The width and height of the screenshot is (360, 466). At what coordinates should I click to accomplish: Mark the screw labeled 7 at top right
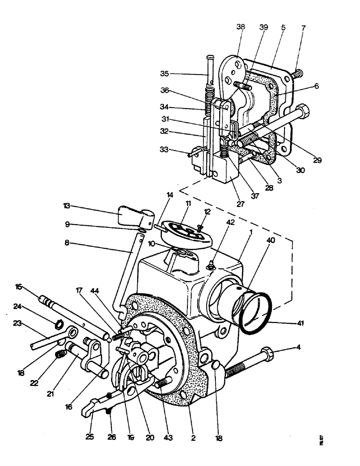pos(297,73)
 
